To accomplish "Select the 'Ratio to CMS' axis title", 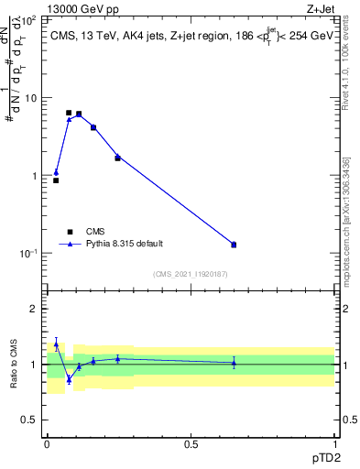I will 13,364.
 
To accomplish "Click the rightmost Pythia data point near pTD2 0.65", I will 234,245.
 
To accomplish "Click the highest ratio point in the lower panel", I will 56,344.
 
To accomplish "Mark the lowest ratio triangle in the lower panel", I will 69,378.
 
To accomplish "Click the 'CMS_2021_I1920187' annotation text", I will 190,274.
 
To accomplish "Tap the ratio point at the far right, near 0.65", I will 234,363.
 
